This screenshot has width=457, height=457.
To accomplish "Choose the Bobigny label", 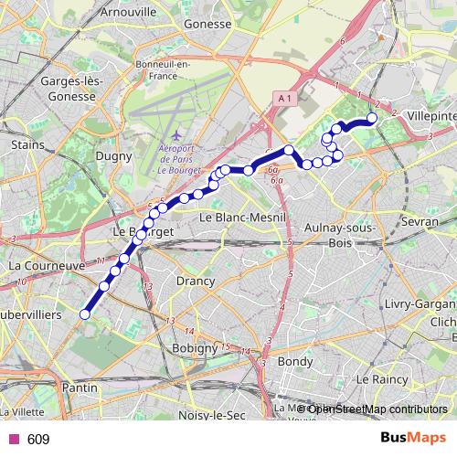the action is coord(194,348).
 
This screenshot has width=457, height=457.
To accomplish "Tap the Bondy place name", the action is coord(294,361).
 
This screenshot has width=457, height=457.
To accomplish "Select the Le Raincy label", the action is coord(382,377).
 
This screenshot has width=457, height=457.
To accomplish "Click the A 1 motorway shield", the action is coord(283,98).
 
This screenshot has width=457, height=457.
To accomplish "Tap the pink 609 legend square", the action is coord(13,440).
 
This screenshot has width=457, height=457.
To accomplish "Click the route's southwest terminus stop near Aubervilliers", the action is coord(84,314).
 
